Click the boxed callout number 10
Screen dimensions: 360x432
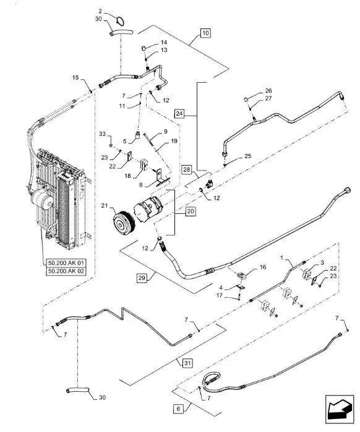(205, 33)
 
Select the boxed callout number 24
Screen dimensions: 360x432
(179, 113)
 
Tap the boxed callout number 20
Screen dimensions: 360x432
(191, 211)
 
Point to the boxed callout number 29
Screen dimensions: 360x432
(142, 277)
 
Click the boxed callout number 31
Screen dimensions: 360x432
(187, 363)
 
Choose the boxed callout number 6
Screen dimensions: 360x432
(178, 409)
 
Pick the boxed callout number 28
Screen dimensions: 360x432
(187, 169)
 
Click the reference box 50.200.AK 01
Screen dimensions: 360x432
(66, 263)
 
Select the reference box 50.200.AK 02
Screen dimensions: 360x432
(66, 271)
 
